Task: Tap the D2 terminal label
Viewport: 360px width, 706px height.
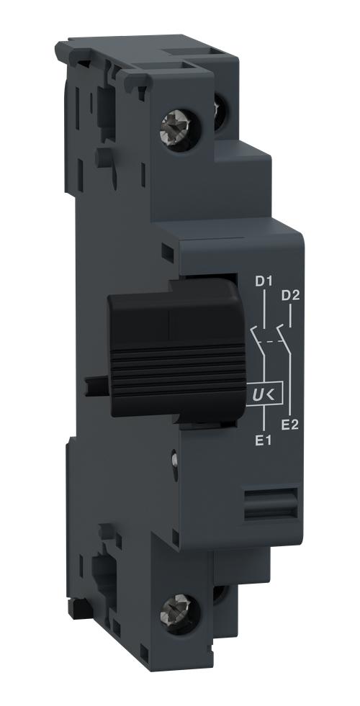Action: coord(290,295)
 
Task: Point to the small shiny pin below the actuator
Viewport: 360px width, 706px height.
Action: coord(174,455)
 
